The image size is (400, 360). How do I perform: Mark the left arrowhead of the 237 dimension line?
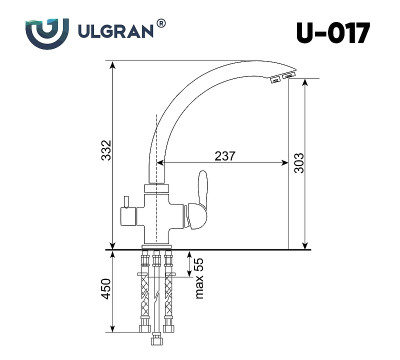coord(161,164)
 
